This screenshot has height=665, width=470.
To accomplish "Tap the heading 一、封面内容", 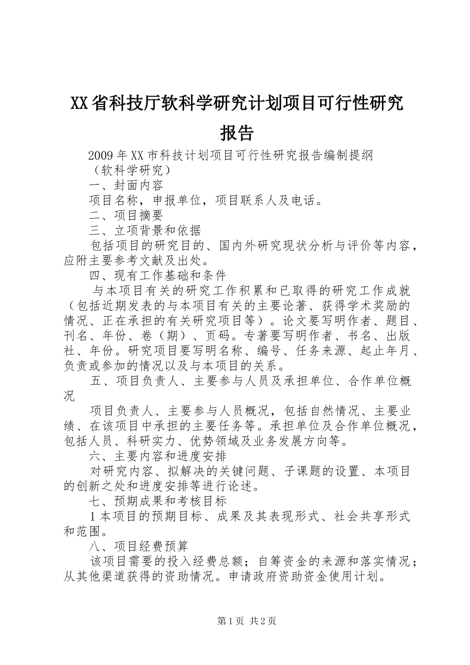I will pos(126,186).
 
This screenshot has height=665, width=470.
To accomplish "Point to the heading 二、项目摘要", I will pos(126,215).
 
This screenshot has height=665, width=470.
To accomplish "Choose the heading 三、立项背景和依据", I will pos(145,230).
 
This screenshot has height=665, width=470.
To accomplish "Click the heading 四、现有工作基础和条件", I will pos(157,275).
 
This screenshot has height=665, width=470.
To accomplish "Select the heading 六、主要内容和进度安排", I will pos(157,456).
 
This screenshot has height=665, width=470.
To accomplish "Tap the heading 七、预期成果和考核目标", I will pos(157,501).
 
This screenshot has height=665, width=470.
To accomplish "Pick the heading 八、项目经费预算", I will pos(139,546).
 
